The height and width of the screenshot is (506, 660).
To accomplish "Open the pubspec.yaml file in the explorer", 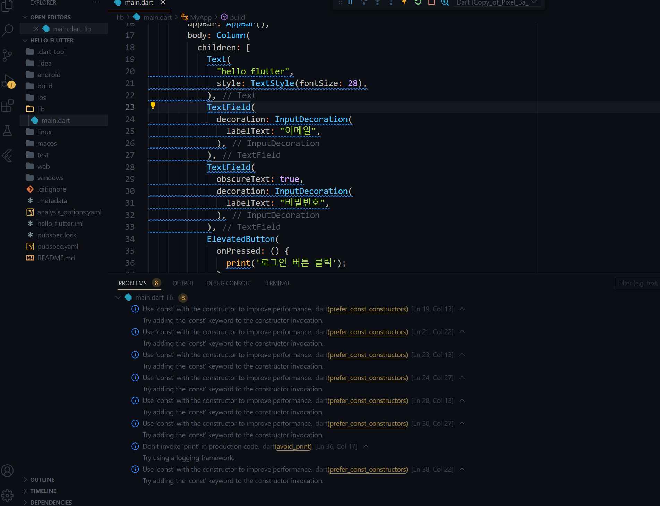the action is [x=58, y=246].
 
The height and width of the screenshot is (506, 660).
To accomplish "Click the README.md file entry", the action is [x=56, y=258].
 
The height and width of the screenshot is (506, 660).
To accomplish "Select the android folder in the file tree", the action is [x=49, y=75].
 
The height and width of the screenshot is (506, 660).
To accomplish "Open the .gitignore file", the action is [x=52, y=189].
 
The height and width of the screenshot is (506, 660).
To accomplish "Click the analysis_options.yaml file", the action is [x=69, y=212].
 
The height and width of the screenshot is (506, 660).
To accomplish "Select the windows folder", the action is [x=50, y=178].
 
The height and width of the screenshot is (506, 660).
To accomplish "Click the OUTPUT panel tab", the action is [x=183, y=283].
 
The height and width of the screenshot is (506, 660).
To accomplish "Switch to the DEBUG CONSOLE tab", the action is [x=229, y=283].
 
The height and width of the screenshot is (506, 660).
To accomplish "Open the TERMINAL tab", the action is [x=277, y=283].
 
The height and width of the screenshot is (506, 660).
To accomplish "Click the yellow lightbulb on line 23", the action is [x=153, y=106].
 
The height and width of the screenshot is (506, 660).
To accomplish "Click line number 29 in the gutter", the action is [x=130, y=179].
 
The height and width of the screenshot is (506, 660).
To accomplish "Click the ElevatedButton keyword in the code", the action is [x=241, y=239].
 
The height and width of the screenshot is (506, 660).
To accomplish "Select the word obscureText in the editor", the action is [x=243, y=179].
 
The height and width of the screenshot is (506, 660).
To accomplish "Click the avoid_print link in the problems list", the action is [x=293, y=446].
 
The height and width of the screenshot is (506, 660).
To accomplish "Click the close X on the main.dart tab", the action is [x=163, y=3].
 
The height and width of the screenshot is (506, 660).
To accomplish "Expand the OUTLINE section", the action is [x=42, y=480].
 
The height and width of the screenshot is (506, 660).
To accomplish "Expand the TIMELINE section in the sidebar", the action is [x=43, y=491].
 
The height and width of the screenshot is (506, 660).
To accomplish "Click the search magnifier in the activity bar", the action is [x=8, y=30].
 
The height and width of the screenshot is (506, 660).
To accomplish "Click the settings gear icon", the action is [x=7, y=495].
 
